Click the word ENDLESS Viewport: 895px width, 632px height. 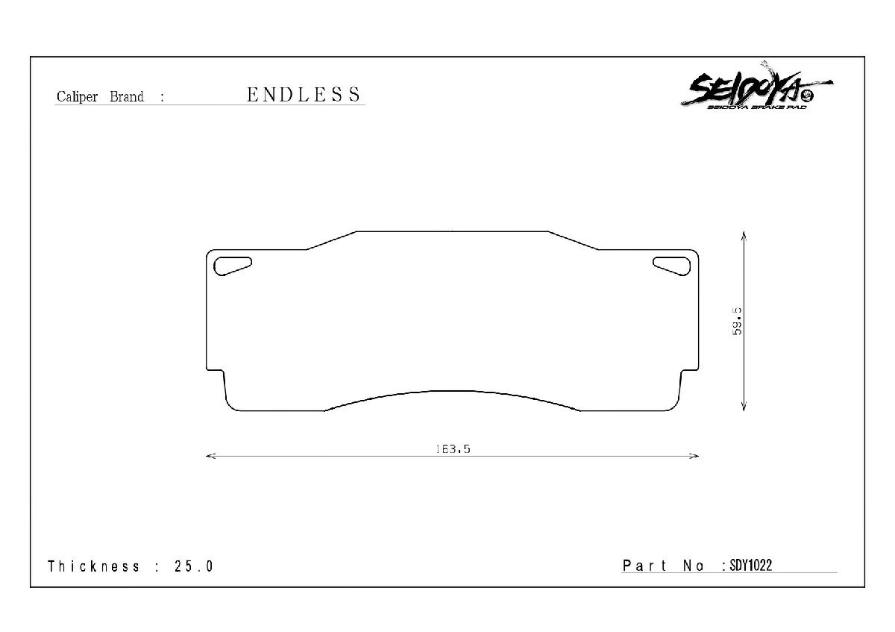[304, 95]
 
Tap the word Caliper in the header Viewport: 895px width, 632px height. [77, 97]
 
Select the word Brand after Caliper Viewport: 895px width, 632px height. [127, 97]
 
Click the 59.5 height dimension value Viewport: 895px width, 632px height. [738, 321]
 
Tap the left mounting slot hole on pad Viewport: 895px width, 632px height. [232, 265]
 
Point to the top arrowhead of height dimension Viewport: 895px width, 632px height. [744, 235]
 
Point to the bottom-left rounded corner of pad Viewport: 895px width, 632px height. [230, 404]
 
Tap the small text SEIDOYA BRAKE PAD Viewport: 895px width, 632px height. [753, 108]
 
